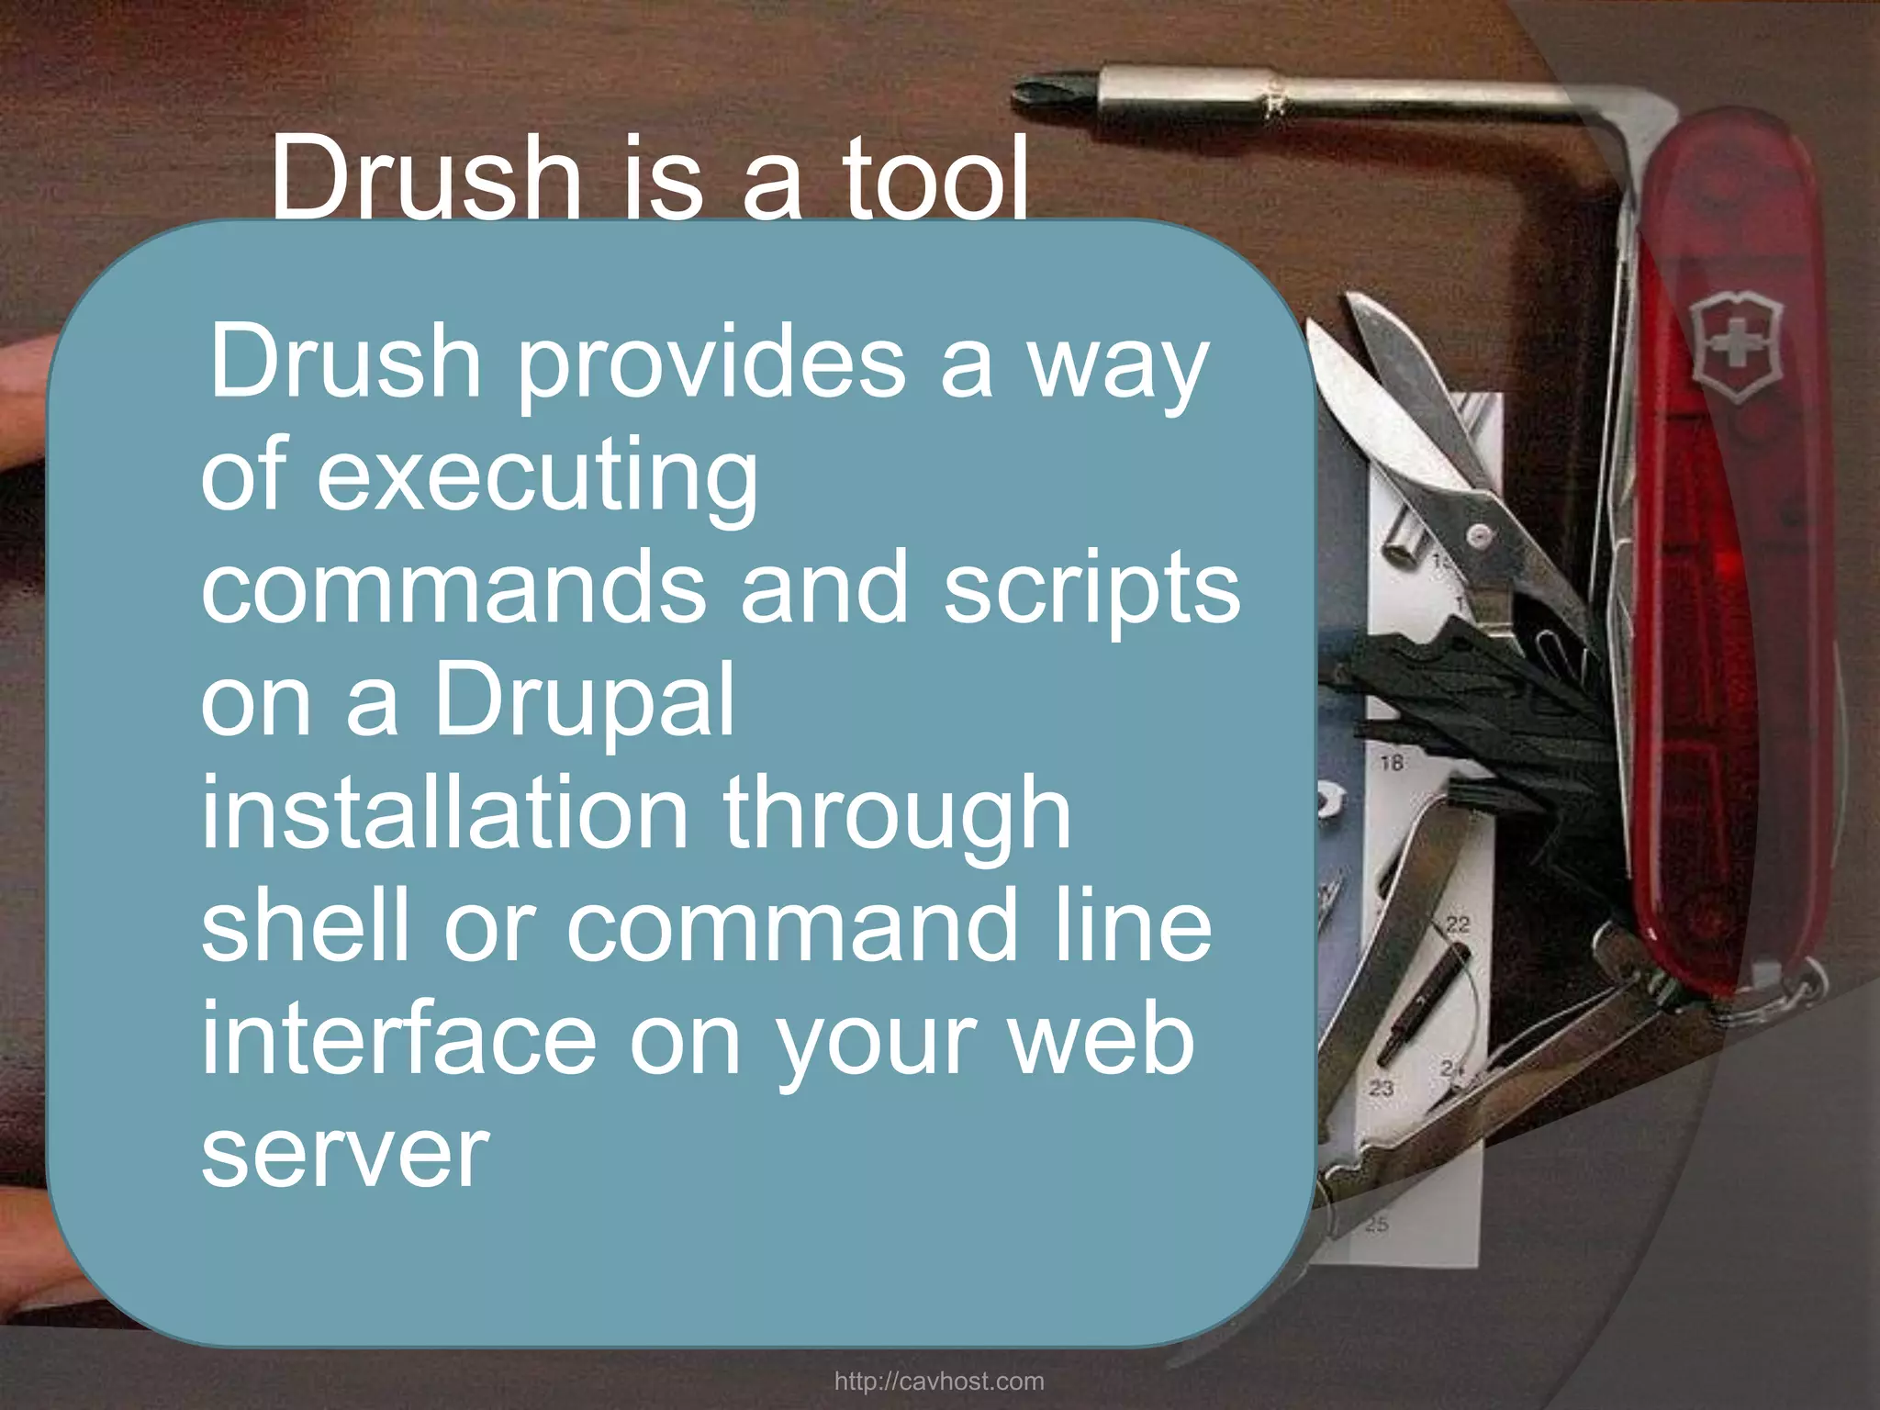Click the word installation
click(444, 812)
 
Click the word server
click(344, 1152)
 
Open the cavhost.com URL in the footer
click(939, 1382)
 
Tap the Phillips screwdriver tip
click(1042, 92)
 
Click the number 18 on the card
click(1392, 763)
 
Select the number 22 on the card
click(1458, 923)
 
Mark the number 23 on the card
click(1382, 1089)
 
